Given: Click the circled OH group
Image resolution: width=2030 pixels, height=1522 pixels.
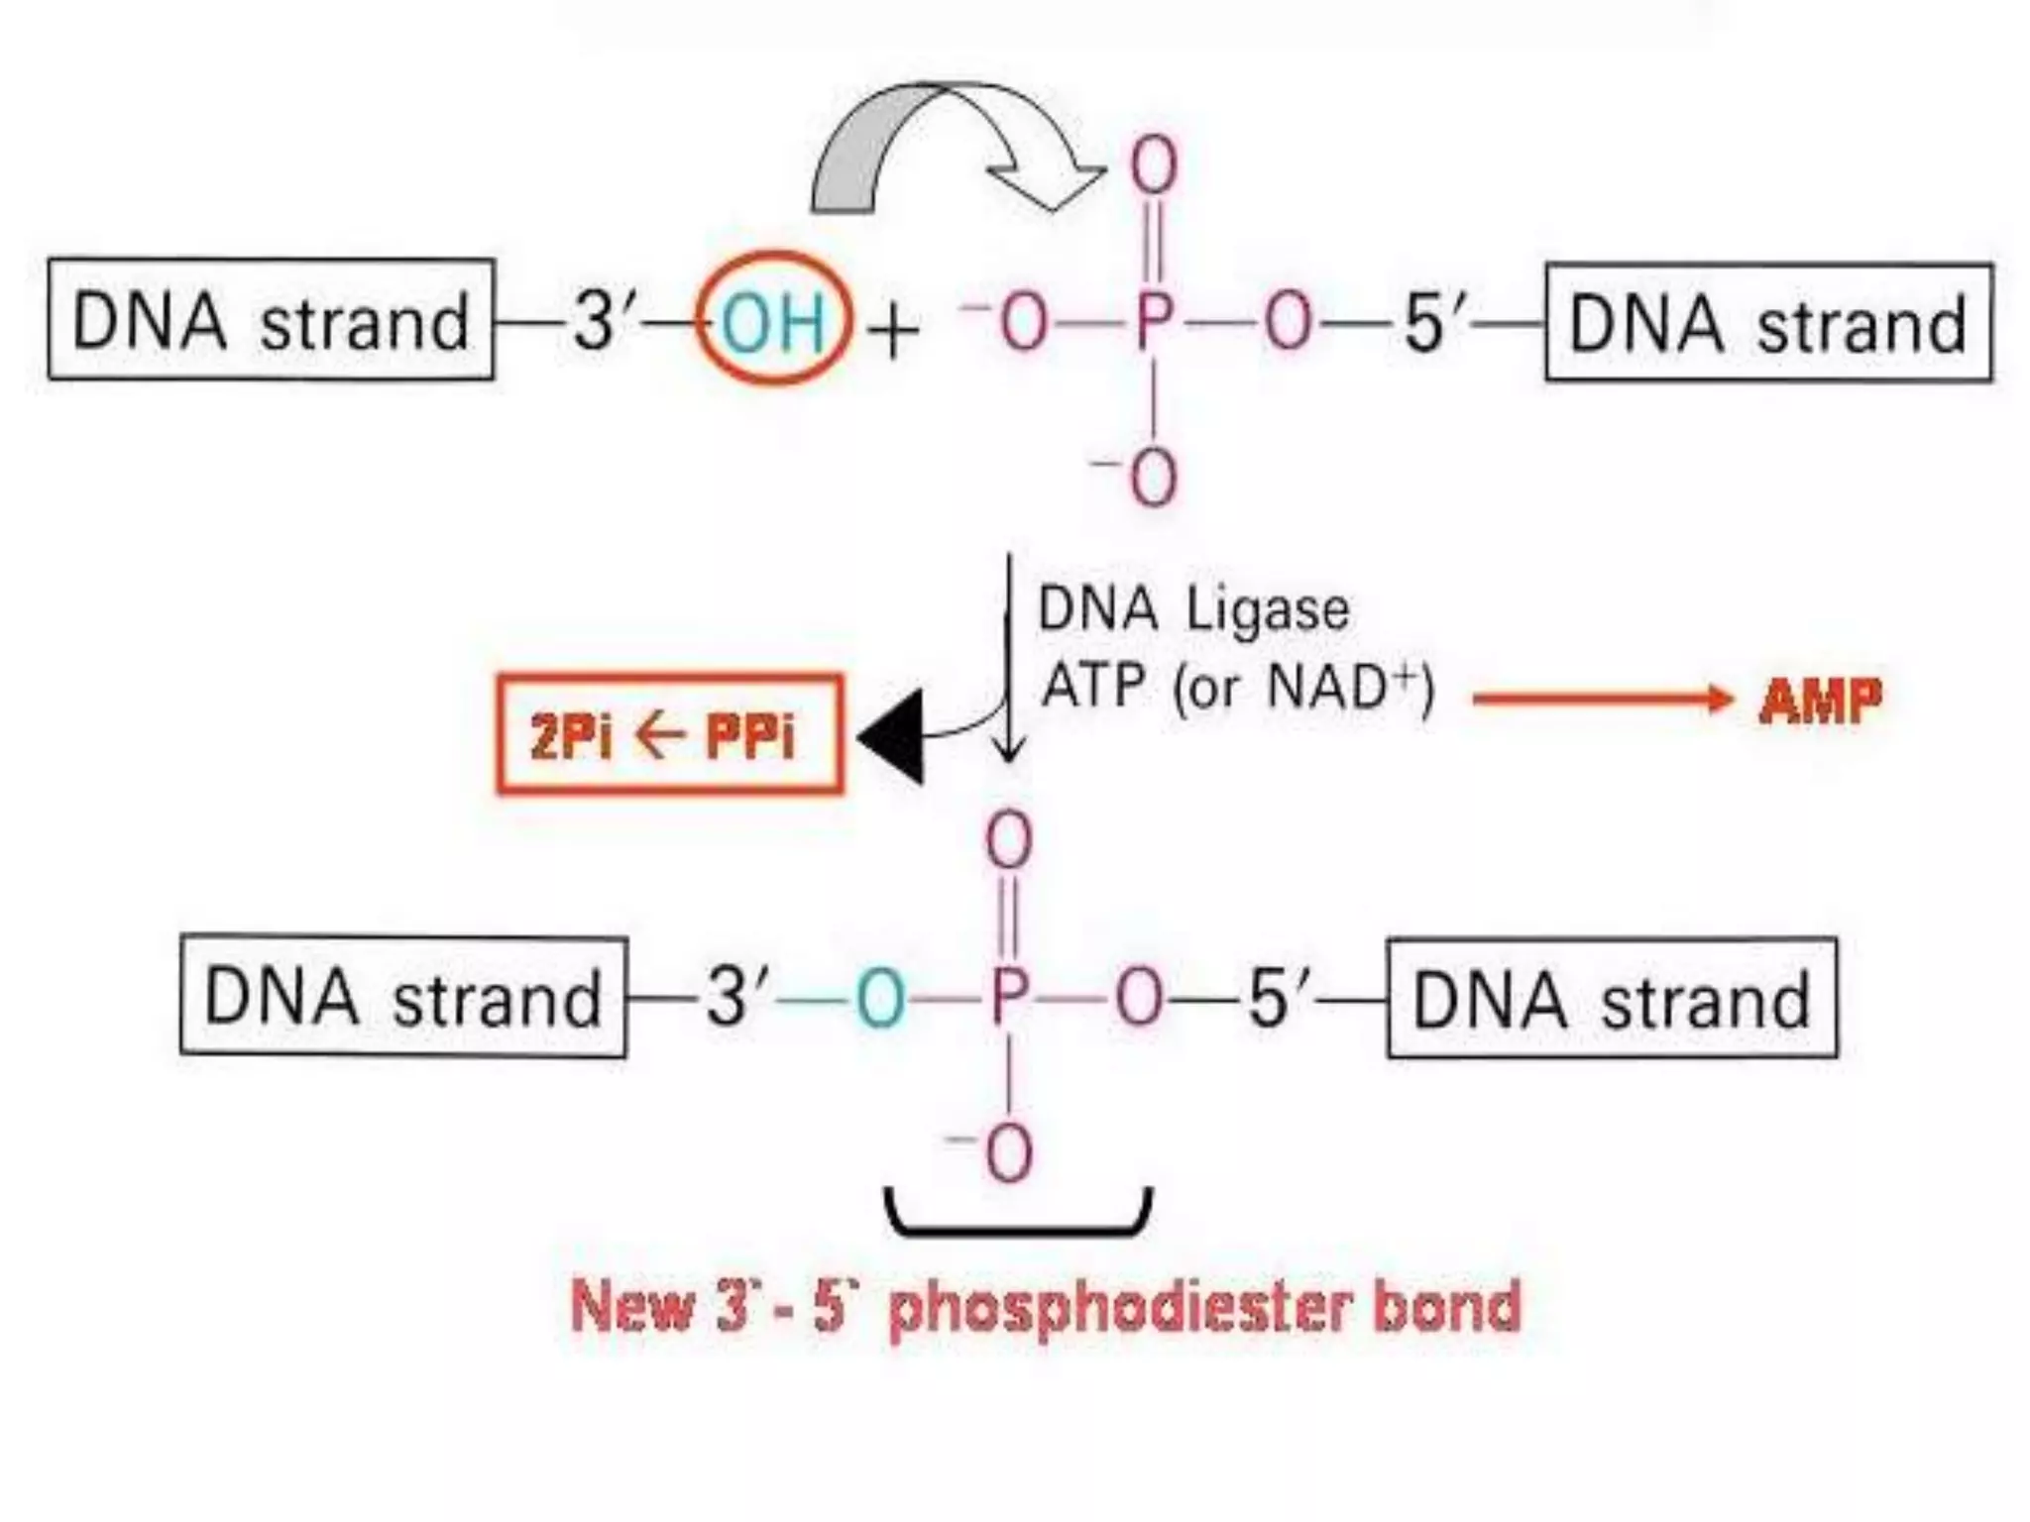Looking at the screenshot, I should [x=773, y=320].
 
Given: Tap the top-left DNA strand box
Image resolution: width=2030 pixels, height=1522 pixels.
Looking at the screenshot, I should [x=271, y=320].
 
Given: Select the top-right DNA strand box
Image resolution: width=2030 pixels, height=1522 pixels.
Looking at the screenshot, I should [x=1768, y=323].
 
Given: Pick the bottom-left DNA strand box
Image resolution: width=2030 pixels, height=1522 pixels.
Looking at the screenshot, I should [x=403, y=997].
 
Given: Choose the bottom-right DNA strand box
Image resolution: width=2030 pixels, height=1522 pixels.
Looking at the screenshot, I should [x=1612, y=999].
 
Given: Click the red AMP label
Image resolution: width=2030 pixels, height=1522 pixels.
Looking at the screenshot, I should [x=1820, y=701].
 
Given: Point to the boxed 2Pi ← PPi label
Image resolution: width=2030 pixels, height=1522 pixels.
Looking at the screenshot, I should [x=669, y=735].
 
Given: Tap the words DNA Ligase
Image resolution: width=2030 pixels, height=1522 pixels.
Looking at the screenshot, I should [x=1193, y=609].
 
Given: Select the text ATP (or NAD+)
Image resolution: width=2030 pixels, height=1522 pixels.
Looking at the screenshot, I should [x=1238, y=686].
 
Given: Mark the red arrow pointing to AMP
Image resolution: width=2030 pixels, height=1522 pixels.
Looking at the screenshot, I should [x=1601, y=700].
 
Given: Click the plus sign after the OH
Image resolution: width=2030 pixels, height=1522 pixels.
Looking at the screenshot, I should [x=892, y=331].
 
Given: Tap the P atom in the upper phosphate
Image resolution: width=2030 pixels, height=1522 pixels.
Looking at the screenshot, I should [x=1154, y=321].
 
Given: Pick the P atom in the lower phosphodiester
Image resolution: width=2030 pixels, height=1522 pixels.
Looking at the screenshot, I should [x=1009, y=997].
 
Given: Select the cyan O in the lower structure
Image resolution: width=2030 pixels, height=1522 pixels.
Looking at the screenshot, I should [x=880, y=998].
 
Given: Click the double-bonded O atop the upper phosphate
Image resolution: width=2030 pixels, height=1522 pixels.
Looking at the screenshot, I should [x=1154, y=165].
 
